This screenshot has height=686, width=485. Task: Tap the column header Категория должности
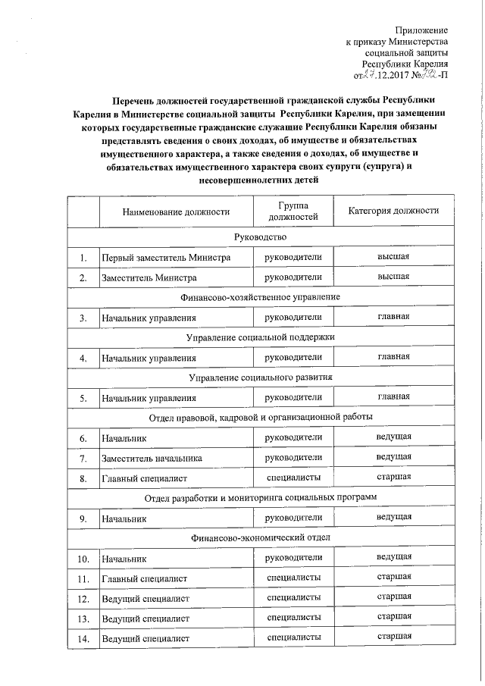(394, 211)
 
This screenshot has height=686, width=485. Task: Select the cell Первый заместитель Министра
(166, 258)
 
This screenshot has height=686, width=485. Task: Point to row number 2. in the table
(83, 277)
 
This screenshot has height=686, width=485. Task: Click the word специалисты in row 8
(293, 478)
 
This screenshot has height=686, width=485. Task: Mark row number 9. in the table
(83, 518)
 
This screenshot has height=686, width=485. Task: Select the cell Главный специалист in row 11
(144, 578)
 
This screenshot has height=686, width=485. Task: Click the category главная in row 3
(394, 317)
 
